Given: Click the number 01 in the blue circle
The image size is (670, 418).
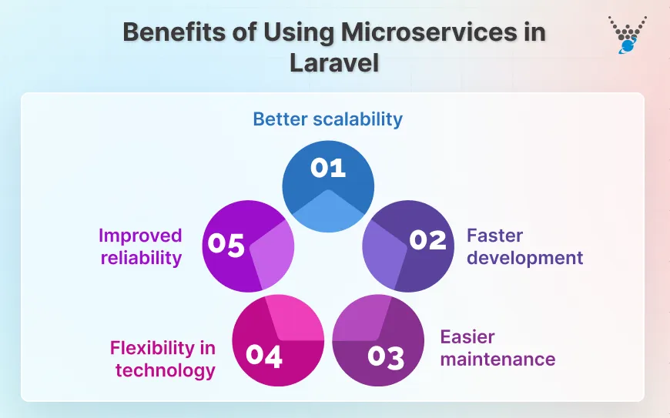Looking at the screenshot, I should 328,168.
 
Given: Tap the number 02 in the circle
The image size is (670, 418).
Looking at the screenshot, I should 427,240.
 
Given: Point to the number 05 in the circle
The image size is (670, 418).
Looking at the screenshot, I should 226,246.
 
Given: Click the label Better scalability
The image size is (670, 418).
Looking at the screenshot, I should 328,119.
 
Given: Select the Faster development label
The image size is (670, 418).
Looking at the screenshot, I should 524,246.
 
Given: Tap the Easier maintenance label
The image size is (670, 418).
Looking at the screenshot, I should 497,348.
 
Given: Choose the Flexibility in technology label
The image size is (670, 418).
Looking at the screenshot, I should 162,359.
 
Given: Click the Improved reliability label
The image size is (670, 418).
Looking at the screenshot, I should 140,246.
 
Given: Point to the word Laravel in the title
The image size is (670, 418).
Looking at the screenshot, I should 334,63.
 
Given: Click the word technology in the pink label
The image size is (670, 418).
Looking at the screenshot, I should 165,370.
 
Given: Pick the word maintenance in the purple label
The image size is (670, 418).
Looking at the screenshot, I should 497,359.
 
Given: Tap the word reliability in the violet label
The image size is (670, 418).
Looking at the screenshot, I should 140,257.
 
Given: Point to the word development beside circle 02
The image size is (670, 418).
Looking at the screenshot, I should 524,257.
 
